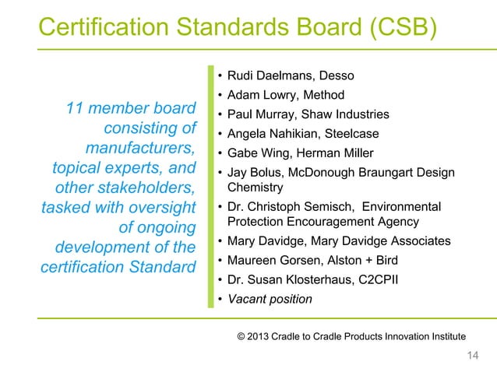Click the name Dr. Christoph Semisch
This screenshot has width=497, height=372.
286,206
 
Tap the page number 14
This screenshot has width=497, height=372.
471,356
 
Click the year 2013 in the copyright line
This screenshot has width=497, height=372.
263,335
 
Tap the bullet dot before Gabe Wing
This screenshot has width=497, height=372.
220,153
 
